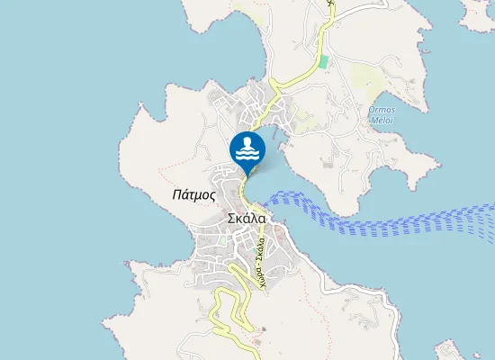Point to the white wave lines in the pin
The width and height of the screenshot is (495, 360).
click(x=247, y=155)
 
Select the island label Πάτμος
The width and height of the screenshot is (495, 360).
click(x=193, y=193)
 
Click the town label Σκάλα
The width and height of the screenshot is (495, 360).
click(x=246, y=218)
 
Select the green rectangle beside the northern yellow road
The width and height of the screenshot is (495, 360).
click(x=322, y=61)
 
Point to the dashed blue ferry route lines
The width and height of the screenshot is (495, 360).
click(x=387, y=220)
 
